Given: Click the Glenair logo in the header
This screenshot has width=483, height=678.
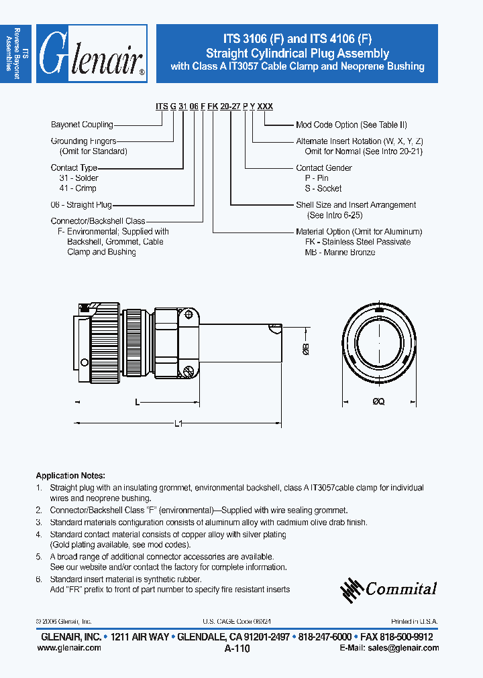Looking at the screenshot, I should tap(92, 54).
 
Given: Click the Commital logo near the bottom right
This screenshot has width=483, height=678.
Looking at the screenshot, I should tap(388, 589).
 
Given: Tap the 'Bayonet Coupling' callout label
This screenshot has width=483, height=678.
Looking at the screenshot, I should tap(82, 125).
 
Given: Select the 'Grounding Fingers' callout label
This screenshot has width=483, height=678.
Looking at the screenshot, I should tap(83, 141).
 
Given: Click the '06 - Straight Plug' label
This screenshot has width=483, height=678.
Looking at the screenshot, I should tap(81, 205).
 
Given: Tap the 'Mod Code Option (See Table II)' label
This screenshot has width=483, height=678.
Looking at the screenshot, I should tap(352, 125).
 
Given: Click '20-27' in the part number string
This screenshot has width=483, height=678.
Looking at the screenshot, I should tap(230, 107).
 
